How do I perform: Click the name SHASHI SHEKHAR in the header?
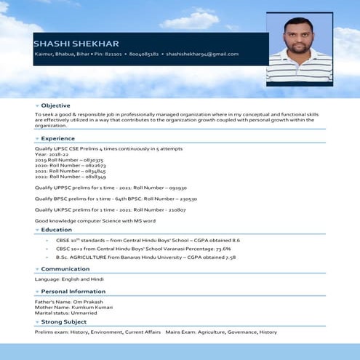[x=76, y=44]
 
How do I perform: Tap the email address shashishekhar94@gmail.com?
[x=204, y=55]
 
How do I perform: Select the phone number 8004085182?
[x=143, y=55]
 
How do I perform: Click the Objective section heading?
[x=56, y=105]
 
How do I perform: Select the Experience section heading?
[x=58, y=138]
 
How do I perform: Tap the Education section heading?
[x=57, y=229]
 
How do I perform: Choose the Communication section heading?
[x=65, y=269]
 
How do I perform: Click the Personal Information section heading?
[x=73, y=291]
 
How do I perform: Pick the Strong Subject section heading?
[x=64, y=321]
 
